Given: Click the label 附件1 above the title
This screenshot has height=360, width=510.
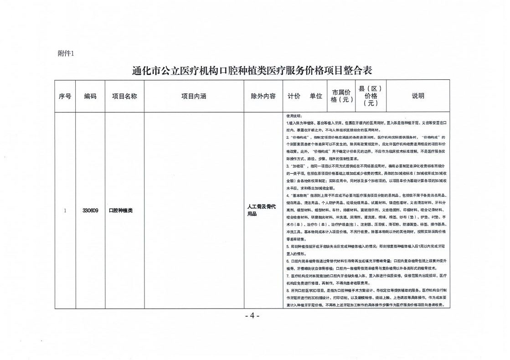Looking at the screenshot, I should click(66, 53).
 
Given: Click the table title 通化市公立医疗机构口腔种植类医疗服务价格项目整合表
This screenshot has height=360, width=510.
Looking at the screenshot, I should click(252, 71).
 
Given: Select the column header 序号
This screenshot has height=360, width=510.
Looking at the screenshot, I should click(65, 96).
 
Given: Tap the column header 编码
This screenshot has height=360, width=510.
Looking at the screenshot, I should click(90, 96).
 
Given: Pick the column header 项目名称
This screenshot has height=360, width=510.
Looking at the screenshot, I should click(124, 96).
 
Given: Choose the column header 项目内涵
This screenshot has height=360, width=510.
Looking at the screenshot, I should click(194, 96).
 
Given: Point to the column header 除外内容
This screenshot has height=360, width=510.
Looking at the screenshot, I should click(263, 96).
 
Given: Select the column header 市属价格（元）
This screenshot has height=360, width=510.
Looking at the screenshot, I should click(341, 96).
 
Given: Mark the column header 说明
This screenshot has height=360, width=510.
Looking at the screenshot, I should click(418, 96).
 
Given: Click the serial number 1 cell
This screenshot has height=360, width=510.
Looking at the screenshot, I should click(65, 211).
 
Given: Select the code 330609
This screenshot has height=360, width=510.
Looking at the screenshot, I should click(91, 211).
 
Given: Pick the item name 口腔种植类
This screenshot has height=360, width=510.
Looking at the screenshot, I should click(120, 211).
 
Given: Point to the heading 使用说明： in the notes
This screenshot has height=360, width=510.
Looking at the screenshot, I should click(296, 116).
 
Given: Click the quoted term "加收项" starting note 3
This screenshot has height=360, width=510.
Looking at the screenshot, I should click(299, 167).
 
